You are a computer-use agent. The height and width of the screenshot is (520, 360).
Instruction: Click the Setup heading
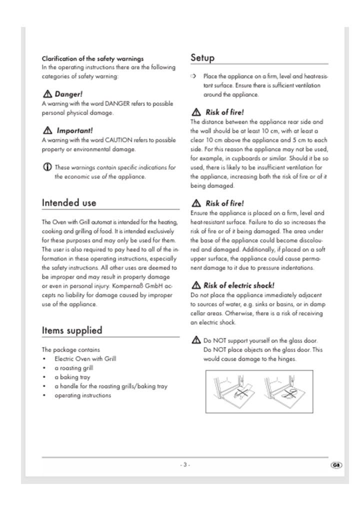[202, 57]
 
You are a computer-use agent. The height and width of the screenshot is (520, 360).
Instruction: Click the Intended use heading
[69, 202]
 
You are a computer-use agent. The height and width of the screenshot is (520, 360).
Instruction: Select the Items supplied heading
[71, 330]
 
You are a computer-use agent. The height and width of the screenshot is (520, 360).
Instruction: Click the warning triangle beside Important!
[47, 130]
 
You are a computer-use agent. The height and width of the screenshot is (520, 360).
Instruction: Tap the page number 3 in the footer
[185, 464]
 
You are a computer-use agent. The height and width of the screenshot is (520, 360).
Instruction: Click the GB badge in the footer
[335, 465]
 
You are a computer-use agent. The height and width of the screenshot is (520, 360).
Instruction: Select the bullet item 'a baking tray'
[72, 377]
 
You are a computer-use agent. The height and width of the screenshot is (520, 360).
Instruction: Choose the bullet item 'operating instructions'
[82, 395]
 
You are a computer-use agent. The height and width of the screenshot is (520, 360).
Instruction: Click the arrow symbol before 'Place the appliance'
[193, 76]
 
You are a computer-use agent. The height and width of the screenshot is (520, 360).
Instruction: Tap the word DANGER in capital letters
[117, 104]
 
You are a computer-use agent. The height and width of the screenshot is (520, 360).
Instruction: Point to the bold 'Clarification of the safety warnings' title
[92, 58]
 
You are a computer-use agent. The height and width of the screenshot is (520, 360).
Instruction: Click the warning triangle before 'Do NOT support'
[195, 340]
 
